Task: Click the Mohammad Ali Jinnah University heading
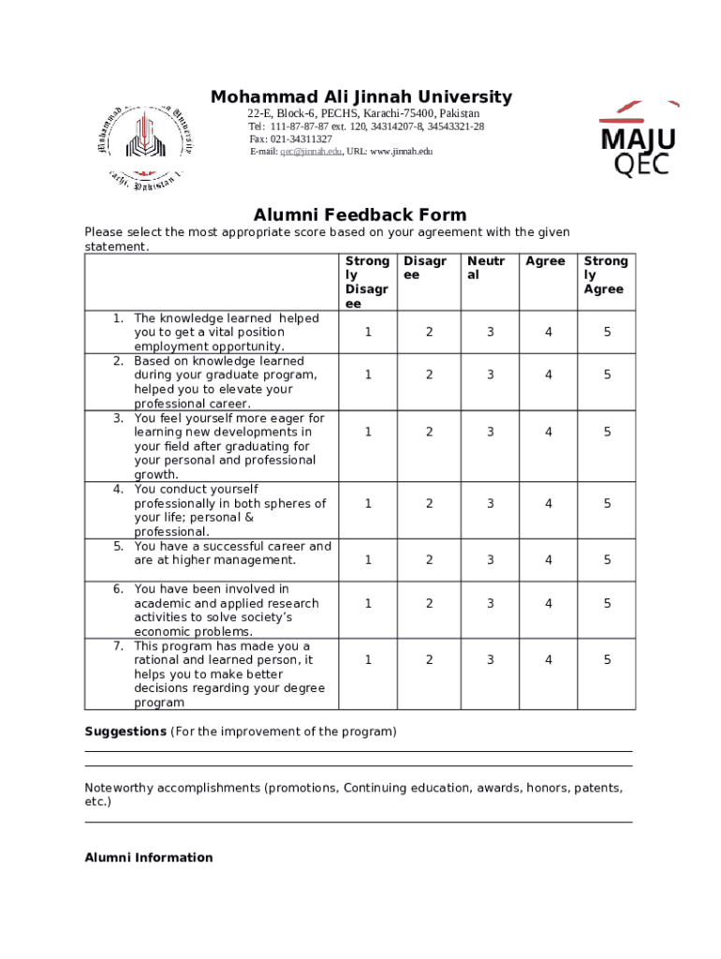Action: coord(360,97)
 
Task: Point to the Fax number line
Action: coord(289,139)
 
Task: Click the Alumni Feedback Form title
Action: coord(360,215)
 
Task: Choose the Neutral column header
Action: coord(487,269)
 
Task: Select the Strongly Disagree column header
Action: coord(367,283)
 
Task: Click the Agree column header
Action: coord(545,261)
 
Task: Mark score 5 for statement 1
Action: coord(607,332)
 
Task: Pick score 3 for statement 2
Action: coord(490,375)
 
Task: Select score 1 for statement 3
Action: coord(368,432)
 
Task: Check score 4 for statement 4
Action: coord(549,503)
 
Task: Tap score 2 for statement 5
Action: coord(429,560)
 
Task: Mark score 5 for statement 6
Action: coord(607,603)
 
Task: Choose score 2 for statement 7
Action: coord(429,660)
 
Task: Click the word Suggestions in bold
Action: coord(125,731)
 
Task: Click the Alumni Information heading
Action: coord(149,858)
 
